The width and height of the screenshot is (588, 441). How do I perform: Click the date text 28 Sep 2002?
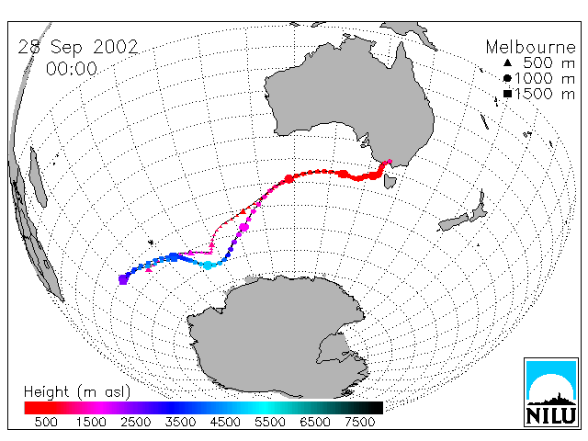point(78,47)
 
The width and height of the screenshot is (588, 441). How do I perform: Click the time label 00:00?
point(72,69)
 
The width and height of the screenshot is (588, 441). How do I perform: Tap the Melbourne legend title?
point(531,47)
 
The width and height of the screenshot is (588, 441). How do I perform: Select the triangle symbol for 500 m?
point(507,62)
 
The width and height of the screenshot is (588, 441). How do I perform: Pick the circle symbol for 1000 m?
point(507,78)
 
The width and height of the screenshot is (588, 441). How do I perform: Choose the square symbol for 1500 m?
point(508,94)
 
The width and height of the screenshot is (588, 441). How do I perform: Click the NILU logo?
point(551,392)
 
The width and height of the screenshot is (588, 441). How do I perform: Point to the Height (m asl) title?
point(77,392)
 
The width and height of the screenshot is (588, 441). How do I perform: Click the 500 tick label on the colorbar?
point(46,422)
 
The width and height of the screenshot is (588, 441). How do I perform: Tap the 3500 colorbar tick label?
point(180,422)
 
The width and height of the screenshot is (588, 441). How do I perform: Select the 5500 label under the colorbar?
point(270,422)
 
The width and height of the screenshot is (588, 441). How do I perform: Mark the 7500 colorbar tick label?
point(359,422)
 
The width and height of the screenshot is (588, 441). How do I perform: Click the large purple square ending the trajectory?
point(123,279)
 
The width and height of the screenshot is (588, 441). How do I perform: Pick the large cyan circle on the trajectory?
point(208,266)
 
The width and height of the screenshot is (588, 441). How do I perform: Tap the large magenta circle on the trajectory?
point(244,227)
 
